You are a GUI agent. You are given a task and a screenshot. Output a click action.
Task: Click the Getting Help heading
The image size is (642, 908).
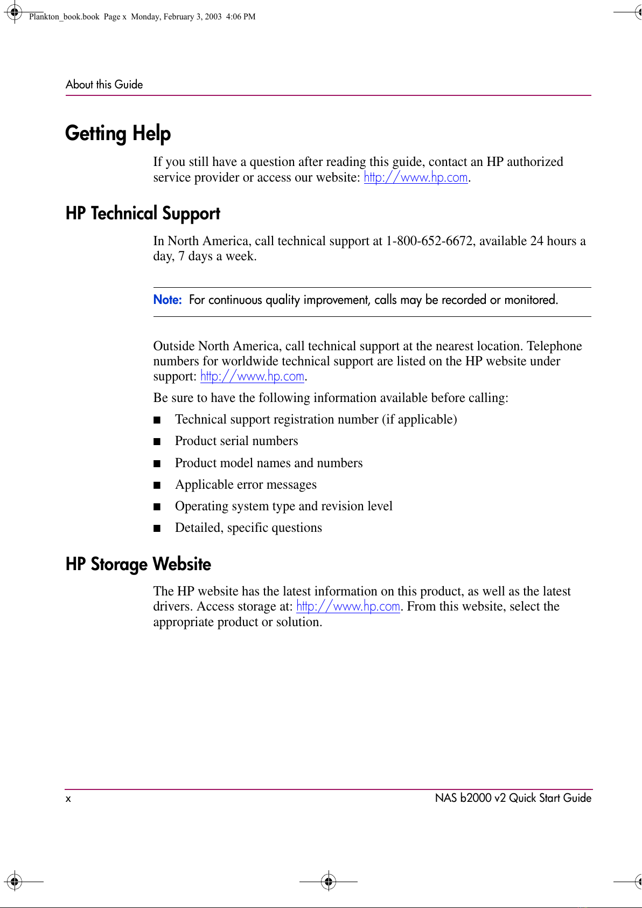click(118, 134)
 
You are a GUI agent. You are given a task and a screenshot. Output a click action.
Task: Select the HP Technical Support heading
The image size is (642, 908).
click(143, 213)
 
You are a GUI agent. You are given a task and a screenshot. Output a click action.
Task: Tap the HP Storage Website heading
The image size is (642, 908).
click(138, 564)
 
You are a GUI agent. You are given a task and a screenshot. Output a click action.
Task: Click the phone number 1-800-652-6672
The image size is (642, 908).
click(429, 241)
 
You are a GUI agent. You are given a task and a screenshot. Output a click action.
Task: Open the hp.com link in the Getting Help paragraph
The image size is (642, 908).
click(416, 177)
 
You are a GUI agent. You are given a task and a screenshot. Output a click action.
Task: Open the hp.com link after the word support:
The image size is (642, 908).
click(252, 376)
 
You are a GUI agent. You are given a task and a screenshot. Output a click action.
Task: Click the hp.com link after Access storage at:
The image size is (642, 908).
click(348, 606)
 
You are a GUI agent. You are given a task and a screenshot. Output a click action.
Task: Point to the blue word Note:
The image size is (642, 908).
click(168, 300)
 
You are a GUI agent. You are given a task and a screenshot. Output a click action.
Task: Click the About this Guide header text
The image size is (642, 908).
click(104, 85)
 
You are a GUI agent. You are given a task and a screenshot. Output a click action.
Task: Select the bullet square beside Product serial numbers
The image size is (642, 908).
click(157, 442)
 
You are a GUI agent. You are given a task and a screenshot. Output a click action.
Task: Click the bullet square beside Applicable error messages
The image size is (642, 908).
click(157, 485)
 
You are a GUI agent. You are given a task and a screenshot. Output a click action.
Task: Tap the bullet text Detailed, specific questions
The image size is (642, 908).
click(248, 528)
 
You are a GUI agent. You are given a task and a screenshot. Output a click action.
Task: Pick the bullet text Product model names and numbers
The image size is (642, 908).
click(269, 463)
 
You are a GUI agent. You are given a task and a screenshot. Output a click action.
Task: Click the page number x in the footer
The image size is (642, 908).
click(68, 799)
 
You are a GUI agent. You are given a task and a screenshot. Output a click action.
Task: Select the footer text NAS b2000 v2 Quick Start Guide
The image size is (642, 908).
click(513, 798)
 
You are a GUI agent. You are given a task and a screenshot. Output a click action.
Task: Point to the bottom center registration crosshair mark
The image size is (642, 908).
click(329, 882)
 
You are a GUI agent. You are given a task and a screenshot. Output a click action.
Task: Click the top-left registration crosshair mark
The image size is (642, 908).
click(15, 11)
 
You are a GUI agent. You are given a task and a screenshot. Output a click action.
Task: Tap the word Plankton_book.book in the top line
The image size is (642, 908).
click(64, 17)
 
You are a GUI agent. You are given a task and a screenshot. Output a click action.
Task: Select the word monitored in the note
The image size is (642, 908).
click(530, 300)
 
